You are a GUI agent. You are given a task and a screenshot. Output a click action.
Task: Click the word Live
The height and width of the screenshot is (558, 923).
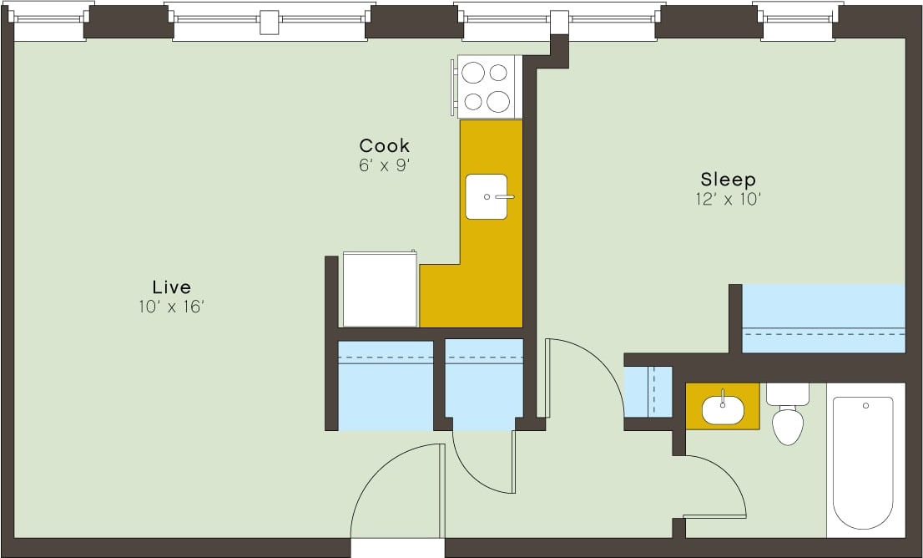pyautogui.click(x=171, y=287)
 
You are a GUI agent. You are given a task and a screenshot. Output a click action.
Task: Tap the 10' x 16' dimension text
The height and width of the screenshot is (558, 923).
pyautogui.click(x=171, y=307)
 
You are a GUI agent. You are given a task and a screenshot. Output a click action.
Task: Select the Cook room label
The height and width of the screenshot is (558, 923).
pyautogui.click(x=384, y=145)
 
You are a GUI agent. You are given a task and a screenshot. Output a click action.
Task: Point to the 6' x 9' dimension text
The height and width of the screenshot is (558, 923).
pyautogui.click(x=384, y=165)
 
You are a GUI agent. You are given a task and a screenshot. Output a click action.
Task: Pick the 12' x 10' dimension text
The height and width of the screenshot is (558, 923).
pyautogui.click(x=728, y=200)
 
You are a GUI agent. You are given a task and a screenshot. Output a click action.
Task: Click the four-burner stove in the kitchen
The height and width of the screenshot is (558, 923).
pyautogui.click(x=486, y=87)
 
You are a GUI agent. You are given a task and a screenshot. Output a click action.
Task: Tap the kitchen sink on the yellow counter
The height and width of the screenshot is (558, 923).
pyautogui.click(x=487, y=196)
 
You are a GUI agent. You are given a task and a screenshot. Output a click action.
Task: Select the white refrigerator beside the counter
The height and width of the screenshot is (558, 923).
pyautogui.click(x=380, y=289)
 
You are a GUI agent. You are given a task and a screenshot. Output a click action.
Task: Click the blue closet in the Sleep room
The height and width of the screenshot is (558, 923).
pyautogui.click(x=823, y=319)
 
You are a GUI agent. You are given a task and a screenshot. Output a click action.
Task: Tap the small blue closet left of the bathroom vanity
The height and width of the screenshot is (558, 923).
pyautogui.click(x=648, y=390)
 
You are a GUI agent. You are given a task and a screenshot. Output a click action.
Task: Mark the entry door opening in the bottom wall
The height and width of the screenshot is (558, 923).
pyautogui.click(x=397, y=548)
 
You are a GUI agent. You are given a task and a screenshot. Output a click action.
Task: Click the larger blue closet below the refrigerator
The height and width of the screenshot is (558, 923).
pyautogui.click(x=386, y=385)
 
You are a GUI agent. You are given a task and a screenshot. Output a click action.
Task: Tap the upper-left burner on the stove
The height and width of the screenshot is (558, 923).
pyautogui.click(x=474, y=73)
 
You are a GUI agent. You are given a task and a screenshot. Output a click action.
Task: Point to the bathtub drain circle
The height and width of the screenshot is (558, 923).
pyautogui.click(x=865, y=406)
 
